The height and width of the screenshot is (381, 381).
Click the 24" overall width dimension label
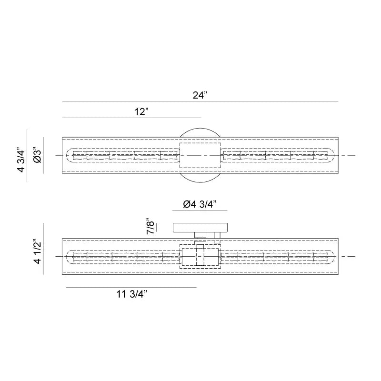(x=200, y=95)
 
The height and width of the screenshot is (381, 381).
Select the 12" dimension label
(x=141, y=112)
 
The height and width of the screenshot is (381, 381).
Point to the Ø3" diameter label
(x=38, y=155)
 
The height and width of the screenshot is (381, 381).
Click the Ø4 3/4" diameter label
(x=200, y=204)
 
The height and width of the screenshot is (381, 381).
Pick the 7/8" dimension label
(x=151, y=227)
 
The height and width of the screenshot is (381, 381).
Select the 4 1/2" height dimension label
(x=38, y=252)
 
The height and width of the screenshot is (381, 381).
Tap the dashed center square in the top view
(x=200, y=156)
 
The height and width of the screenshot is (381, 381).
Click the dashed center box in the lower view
(x=200, y=257)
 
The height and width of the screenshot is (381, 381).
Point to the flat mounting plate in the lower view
(x=200, y=227)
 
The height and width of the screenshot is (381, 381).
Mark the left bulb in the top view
(x=125, y=156)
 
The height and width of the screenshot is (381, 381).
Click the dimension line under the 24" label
(x=200, y=101)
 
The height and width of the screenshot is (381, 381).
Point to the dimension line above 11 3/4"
(x=131, y=288)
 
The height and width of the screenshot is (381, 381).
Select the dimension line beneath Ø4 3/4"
(x=200, y=211)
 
